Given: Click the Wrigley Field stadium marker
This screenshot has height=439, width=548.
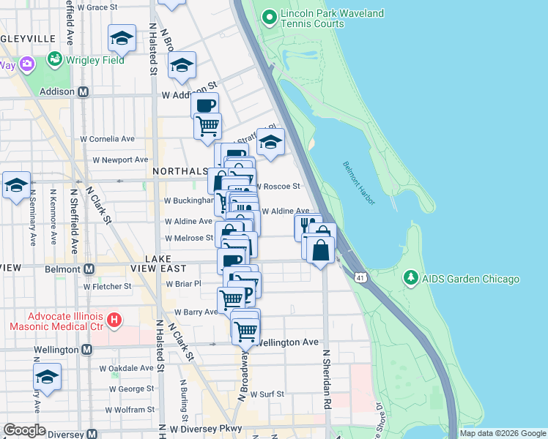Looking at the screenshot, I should click(x=55, y=58).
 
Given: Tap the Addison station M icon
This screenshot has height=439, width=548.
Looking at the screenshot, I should click(x=83, y=92).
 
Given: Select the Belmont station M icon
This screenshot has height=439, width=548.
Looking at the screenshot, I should click(x=89, y=269).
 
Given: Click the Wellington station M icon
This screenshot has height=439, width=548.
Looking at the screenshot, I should click(x=86, y=350).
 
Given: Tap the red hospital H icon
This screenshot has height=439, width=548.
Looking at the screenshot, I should click(x=113, y=320).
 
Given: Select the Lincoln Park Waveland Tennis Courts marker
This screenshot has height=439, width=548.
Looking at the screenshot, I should click(x=269, y=16).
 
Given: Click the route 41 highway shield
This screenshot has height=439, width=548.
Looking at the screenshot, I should click(x=359, y=277).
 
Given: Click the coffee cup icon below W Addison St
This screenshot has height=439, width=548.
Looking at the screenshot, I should click(x=205, y=105).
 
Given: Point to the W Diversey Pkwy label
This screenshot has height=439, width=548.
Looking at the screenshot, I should click(x=205, y=429).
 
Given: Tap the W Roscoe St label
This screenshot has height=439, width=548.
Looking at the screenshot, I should click(x=278, y=187).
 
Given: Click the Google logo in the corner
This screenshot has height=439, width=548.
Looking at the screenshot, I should click(x=24, y=430).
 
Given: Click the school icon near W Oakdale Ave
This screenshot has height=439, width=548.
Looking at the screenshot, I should click(x=48, y=377).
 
